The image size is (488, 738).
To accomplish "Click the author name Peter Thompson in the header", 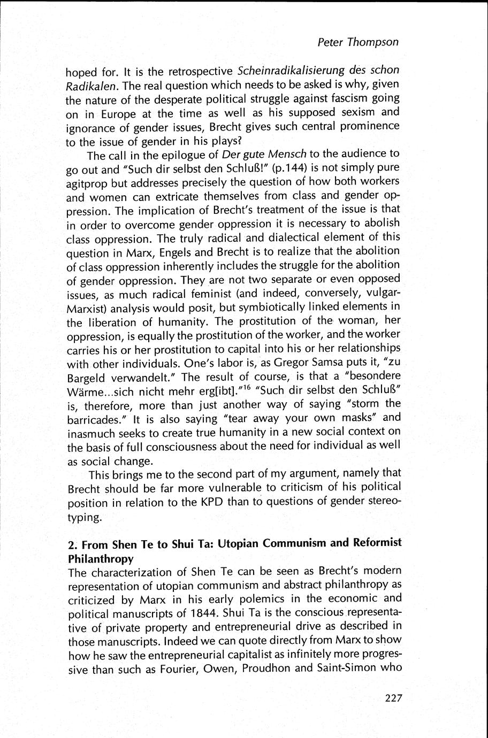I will (x=358, y=42).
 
